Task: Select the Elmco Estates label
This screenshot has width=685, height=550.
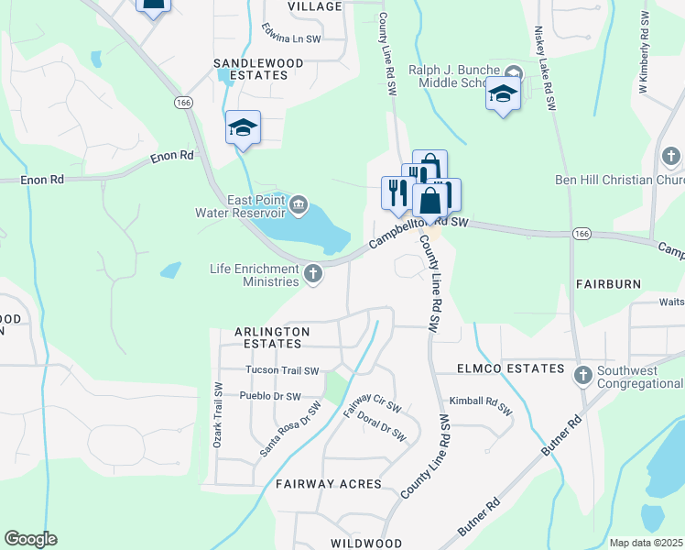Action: click(511, 368)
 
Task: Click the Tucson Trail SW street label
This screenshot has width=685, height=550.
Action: click(282, 371)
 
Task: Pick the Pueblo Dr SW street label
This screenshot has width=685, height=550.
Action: click(269, 397)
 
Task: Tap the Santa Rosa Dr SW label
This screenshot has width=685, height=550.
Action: click(290, 429)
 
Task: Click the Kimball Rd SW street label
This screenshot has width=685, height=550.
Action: click(480, 406)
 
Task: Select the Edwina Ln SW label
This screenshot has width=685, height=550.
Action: click(290, 32)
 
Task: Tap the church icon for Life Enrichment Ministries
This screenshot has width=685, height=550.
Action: click(313, 273)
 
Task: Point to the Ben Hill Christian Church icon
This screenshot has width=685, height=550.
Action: click(671, 157)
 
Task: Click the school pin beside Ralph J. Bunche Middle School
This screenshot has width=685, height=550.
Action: click(503, 93)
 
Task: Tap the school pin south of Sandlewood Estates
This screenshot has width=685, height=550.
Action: click(243, 127)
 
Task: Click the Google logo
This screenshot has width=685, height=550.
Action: click(30, 539)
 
